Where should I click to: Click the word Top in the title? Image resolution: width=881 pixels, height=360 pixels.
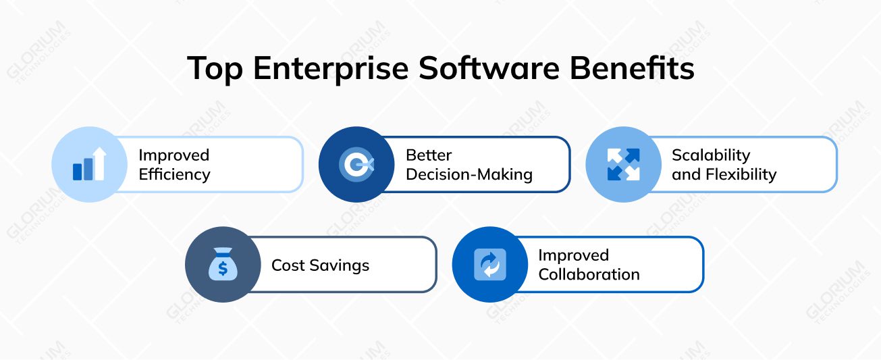point(214,69)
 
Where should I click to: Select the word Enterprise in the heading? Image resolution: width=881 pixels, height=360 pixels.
point(329,69)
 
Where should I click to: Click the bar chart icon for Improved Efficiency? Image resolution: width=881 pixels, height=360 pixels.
point(89,164)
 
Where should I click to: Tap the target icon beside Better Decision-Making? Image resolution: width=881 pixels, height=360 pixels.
point(356,164)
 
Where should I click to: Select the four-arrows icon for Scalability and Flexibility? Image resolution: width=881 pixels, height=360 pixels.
point(623,164)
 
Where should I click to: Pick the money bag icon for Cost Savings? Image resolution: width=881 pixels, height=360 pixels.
point(223,264)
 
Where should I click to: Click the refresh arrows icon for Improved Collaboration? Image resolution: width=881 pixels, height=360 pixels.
point(489,264)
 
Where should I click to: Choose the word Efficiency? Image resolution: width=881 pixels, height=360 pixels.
point(174,174)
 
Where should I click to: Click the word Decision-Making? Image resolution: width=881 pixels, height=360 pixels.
point(469,174)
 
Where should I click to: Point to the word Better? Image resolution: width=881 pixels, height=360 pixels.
point(428,155)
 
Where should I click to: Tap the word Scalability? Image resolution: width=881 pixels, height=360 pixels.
point(710,155)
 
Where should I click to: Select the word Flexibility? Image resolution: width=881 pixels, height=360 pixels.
point(740,174)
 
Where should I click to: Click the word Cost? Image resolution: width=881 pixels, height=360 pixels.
point(288,265)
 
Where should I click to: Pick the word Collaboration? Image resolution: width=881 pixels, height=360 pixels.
point(589,274)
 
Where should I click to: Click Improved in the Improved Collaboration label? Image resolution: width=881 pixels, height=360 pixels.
point(573,255)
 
